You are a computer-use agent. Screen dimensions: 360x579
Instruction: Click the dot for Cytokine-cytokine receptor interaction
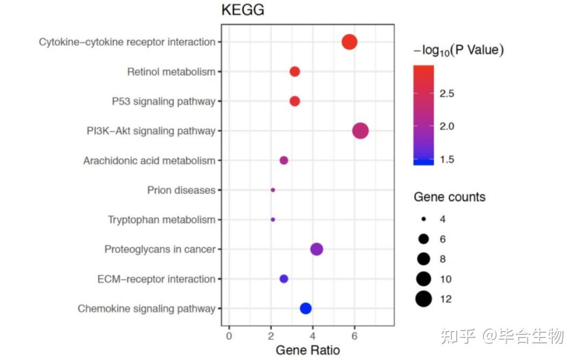(350, 42)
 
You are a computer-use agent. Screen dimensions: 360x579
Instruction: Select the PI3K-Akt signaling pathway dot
(360, 131)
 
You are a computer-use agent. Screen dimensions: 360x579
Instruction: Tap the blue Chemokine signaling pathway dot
(306, 308)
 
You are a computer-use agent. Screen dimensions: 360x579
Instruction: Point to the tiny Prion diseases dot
(273, 190)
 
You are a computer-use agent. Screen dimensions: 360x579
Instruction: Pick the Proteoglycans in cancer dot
(316, 249)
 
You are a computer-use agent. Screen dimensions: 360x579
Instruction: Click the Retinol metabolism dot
(294, 71)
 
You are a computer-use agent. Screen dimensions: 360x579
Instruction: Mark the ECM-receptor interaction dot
(284, 279)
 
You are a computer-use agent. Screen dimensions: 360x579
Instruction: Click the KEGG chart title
(243, 10)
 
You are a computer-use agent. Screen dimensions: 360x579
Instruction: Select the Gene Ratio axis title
(307, 350)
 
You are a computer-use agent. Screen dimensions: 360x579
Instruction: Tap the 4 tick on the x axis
(313, 335)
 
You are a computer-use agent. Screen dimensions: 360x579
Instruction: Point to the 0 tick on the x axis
(229, 335)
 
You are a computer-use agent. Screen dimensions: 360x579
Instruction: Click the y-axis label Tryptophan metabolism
(161, 220)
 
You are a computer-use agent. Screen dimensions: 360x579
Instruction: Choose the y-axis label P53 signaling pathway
(164, 101)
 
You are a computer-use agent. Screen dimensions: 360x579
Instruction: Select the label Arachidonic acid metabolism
(149, 161)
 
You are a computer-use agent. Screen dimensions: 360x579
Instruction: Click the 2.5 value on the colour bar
(447, 94)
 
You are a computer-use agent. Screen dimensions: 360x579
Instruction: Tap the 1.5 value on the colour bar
(447, 159)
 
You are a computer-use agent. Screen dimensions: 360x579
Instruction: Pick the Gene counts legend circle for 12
(423, 299)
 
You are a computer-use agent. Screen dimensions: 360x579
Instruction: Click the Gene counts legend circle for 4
(423, 219)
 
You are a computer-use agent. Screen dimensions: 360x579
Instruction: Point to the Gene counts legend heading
(449, 197)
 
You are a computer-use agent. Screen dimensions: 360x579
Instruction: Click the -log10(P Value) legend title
(458, 50)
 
